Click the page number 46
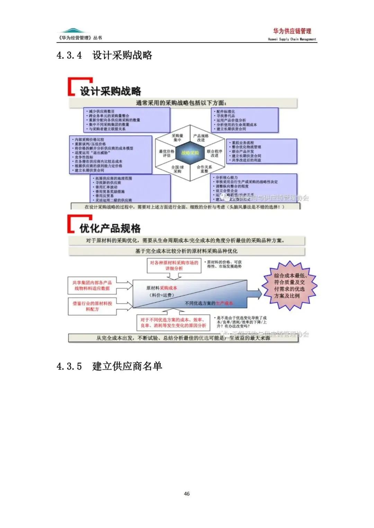coord(187,494)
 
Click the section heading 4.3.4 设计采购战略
coord(104,55)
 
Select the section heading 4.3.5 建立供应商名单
coord(109,366)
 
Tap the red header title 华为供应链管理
coord(292,31)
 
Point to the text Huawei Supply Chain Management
coord(292,39)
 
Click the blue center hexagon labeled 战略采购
coord(190,153)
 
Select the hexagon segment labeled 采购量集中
coord(177,138)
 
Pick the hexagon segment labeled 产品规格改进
coord(201,138)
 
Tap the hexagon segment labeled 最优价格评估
coord(167,153)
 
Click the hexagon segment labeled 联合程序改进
coord(214,153)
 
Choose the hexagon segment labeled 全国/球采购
coord(177,169)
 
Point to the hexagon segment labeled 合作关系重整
coord(204,169)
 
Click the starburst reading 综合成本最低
coord(290,286)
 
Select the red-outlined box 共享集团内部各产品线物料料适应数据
coord(92,285)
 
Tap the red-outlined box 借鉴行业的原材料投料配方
coord(92,306)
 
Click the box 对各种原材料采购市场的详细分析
coord(174,266)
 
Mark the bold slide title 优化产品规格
coord(110,228)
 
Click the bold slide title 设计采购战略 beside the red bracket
coord(110,91)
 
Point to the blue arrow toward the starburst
coord(255,294)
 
